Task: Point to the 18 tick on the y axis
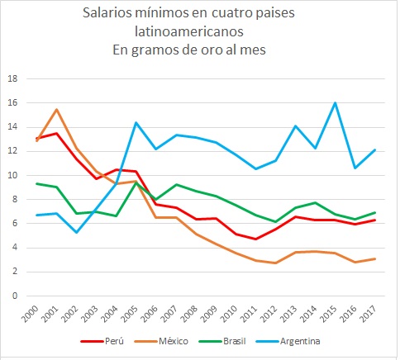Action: tap(12, 79)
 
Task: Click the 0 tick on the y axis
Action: tap(15, 296)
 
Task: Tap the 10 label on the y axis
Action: tap(12, 175)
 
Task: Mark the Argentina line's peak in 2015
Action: tap(335, 103)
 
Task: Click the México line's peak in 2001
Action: tap(56, 110)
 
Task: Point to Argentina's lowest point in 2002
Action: tap(76, 232)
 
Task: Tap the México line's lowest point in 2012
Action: tap(275, 263)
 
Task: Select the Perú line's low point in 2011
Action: tap(255, 239)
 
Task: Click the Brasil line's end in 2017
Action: tap(374, 213)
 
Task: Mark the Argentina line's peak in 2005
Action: tap(136, 123)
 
